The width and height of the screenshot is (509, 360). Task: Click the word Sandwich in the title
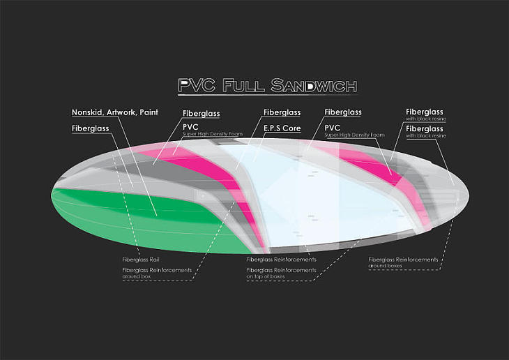click(x=314, y=85)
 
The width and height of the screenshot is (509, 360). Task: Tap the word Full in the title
click(x=243, y=85)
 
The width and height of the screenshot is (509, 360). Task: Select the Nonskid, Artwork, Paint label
click(x=115, y=112)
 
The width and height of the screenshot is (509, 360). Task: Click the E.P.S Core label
click(x=282, y=128)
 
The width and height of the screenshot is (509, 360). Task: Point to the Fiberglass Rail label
click(x=141, y=260)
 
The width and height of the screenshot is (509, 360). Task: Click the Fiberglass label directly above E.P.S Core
click(x=282, y=112)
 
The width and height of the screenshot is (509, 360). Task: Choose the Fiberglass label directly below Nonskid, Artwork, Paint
click(x=90, y=128)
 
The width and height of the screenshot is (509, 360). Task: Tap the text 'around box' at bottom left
click(x=137, y=276)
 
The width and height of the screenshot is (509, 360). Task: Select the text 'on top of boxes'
click(x=266, y=276)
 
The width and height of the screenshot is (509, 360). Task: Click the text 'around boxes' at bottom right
click(x=385, y=266)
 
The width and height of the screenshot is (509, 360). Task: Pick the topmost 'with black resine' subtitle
click(x=426, y=119)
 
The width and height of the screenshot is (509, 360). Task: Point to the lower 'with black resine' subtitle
click(x=426, y=136)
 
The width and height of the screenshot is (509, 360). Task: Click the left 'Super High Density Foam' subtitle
click(x=213, y=134)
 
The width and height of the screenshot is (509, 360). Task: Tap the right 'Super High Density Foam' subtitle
click(x=354, y=135)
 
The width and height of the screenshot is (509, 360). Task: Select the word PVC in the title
click(x=197, y=85)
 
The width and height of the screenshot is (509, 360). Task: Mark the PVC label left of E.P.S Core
click(x=190, y=127)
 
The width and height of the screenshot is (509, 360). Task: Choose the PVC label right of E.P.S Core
click(x=333, y=128)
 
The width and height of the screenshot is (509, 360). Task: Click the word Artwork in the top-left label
click(x=121, y=112)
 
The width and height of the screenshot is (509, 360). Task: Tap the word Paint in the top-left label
click(x=149, y=112)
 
